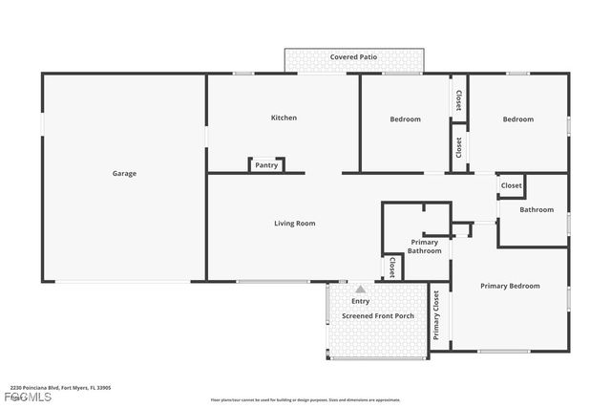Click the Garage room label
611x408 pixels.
(124, 173)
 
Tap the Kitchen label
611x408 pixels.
(284, 118)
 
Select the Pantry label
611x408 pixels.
(266, 165)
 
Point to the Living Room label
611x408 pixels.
(294, 224)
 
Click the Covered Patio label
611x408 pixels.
(353, 57)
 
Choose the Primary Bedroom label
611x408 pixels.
(509, 286)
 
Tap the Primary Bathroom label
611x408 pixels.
(426, 247)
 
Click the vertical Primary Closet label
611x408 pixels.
(436, 315)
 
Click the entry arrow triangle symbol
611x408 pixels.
(360, 290)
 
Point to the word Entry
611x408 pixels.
(360, 301)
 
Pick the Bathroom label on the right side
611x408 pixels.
(536, 209)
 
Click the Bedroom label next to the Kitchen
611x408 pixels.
(405, 119)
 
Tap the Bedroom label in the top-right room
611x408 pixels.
(517, 119)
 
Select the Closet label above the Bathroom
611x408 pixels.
(511, 185)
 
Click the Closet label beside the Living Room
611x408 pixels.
(391, 267)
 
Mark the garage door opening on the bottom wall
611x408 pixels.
(124, 281)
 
